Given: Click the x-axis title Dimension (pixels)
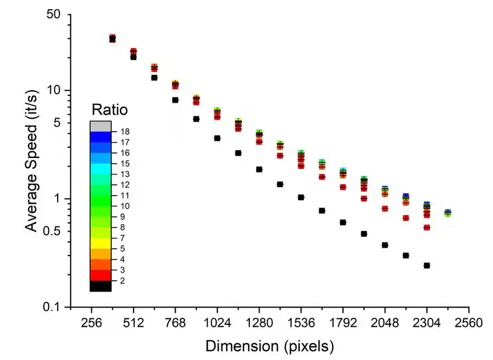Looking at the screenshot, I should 269,346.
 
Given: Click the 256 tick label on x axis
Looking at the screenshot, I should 91,322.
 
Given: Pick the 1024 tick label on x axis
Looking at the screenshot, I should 217,322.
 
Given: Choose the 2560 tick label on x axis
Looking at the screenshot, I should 468,322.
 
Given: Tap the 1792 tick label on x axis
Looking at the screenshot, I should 343,322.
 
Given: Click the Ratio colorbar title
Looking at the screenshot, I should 110,109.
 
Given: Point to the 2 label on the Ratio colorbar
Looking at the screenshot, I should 122,281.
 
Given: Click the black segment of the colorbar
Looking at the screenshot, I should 100,286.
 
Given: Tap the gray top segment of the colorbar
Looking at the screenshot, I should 100,126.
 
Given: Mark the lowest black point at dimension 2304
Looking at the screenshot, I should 427,265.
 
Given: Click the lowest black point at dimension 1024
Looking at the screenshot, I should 217,138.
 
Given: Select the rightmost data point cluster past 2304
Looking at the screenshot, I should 448,213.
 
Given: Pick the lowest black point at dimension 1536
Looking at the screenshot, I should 301,197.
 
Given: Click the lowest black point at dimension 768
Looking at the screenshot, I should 175,100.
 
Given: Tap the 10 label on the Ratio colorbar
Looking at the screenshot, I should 126,206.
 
